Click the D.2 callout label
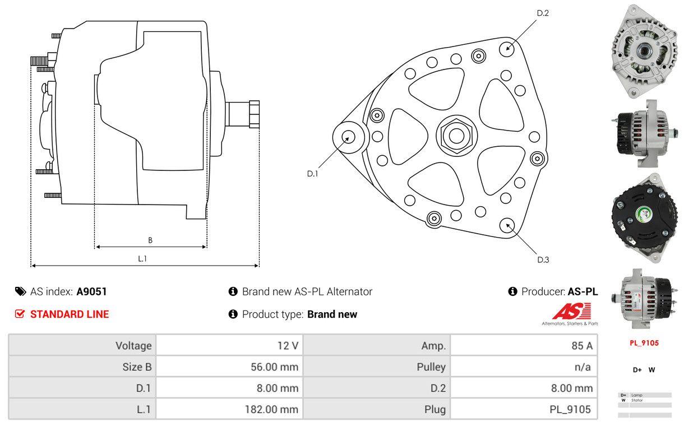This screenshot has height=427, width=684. click(x=542, y=13)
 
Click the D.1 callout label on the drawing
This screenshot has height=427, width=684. click(x=312, y=174)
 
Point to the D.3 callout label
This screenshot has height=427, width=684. click(x=543, y=259)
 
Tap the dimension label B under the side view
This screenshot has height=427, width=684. click(x=150, y=240)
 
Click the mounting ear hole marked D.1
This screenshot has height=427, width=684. click(x=348, y=137)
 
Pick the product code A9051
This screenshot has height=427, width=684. click(x=91, y=291)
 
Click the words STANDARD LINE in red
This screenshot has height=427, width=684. click(x=70, y=314)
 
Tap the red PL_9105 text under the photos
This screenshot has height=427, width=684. click(x=644, y=343)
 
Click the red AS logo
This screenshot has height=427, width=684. click(x=571, y=312)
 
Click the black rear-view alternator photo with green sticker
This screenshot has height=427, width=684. click(x=643, y=217)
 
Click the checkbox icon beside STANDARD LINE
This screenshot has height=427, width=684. click(x=20, y=314)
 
